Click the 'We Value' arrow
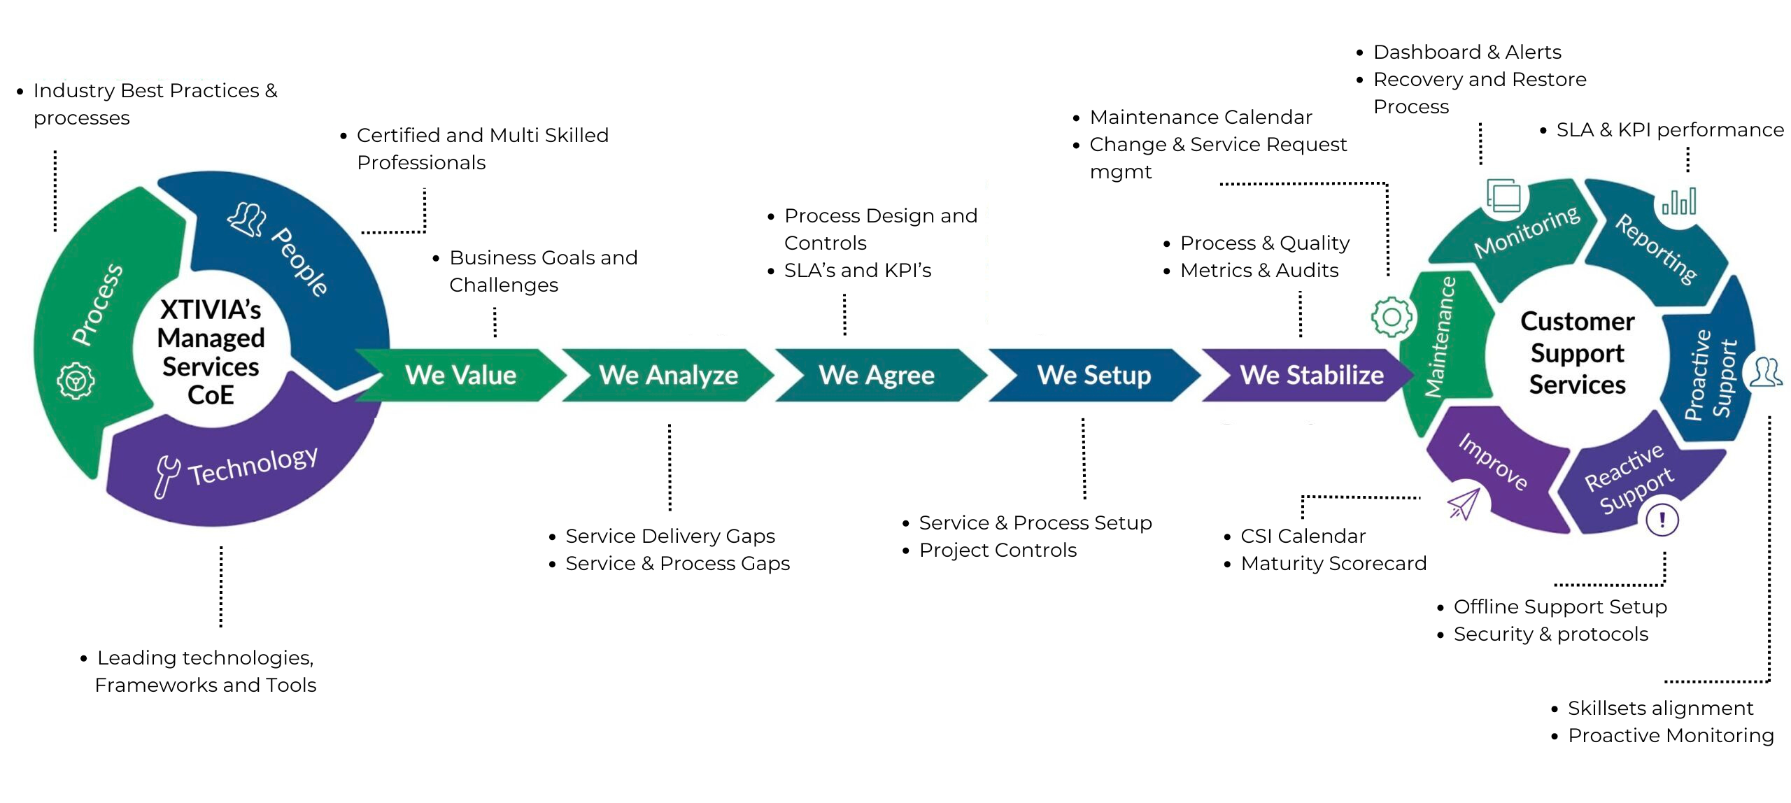click(x=460, y=376)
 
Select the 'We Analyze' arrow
click(x=668, y=376)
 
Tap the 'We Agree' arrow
click(x=876, y=376)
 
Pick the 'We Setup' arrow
click(x=1093, y=376)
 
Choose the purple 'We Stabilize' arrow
click(x=1311, y=376)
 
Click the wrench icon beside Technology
click(x=167, y=476)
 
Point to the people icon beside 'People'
click(x=247, y=220)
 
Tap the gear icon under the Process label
click(x=76, y=381)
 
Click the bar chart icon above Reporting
click(x=1679, y=202)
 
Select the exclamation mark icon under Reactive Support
click(x=1662, y=520)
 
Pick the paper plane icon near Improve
click(x=1464, y=504)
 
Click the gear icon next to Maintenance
click(x=1392, y=317)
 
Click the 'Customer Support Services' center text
click(x=1577, y=353)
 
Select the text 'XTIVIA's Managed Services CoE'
click(x=211, y=352)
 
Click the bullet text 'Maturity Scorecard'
click(x=1333, y=563)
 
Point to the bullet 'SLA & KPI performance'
click(x=1669, y=130)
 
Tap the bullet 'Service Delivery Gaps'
click(x=670, y=536)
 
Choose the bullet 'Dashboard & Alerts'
click(x=1466, y=52)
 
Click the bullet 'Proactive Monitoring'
click(x=1670, y=735)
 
